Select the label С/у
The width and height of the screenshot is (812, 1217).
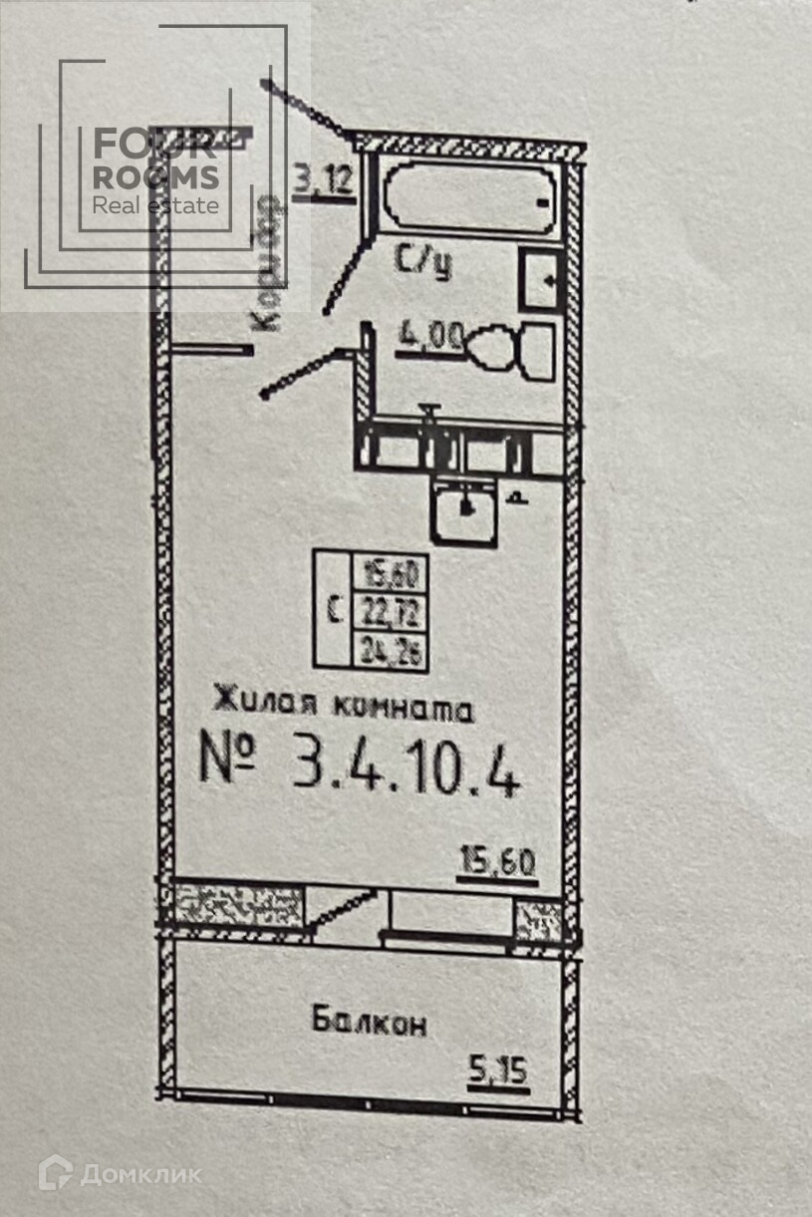(424, 261)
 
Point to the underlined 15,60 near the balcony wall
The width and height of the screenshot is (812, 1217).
(497, 858)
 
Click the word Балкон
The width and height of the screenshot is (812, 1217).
(369, 1021)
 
